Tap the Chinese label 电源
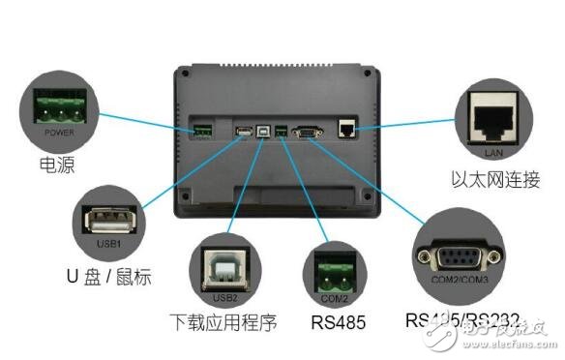pyautogui.click(x=49, y=165)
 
